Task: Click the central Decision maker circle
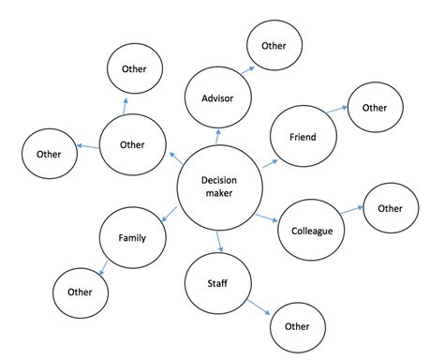click(x=217, y=187)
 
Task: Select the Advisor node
click(x=216, y=97)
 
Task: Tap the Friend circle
click(x=302, y=137)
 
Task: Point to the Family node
click(x=132, y=238)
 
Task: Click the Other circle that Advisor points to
click(x=274, y=45)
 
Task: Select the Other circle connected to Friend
click(x=374, y=108)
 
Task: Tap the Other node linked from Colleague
click(x=391, y=208)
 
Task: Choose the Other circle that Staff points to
click(x=297, y=326)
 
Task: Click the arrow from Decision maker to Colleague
click(x=268, y=219)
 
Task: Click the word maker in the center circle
click(x=217, y=194)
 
